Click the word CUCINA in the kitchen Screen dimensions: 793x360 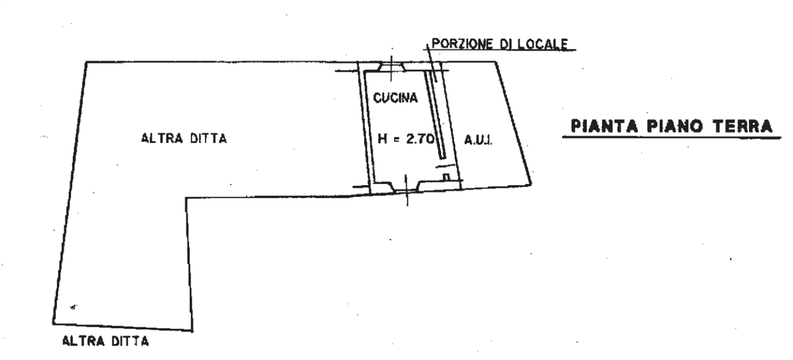pos(395,98)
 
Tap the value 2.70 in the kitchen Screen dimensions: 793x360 pos(420,138)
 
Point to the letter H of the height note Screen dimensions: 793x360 pos(382,138)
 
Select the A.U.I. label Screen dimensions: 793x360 pos(478,141)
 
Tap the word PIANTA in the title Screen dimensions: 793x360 pos(604,126)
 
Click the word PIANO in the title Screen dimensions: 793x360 pos(675,126)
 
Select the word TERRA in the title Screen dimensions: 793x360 pos(742,126)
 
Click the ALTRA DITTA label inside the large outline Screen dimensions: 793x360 pos(184,138)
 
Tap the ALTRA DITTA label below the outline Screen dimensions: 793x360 pos(105,341)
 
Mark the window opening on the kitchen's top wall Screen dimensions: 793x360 pos(391,67)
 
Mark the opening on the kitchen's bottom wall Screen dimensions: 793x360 pos(406,187)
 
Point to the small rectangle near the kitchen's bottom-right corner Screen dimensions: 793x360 pos(447,177)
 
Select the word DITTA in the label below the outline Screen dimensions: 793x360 pos(130,341)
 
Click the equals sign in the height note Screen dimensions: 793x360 pos(396,139)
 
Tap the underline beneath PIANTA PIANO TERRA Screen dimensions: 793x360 pos(672,137)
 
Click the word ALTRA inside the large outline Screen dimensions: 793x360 pos(162,138)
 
